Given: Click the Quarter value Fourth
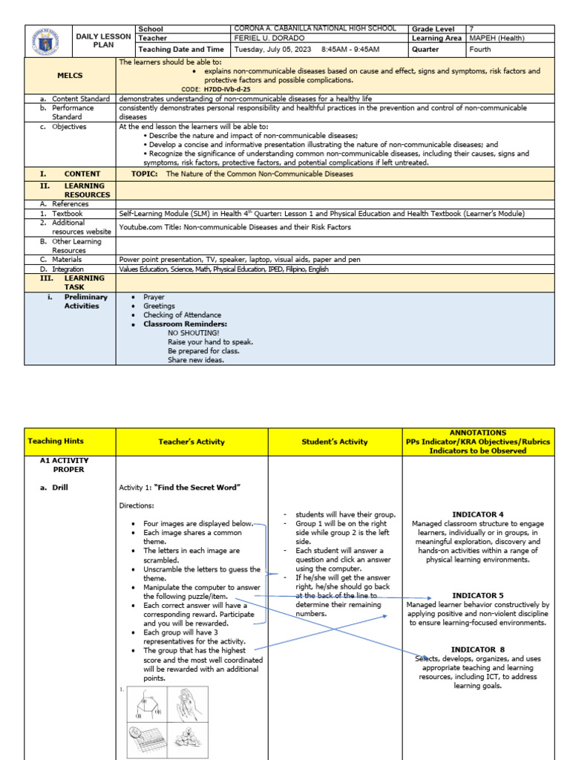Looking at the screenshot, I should tap(481, 50).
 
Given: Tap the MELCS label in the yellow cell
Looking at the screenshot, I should tap(71, 76).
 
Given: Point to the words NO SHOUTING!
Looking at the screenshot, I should tap(193, 333).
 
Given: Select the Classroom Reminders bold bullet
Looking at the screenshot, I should tap(185, 324).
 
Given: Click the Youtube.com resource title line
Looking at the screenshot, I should tap(235, 227).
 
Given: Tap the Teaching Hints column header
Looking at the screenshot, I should tap(71, 442).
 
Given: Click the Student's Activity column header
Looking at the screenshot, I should tap(334, 442).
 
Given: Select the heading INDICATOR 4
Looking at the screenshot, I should tap(479, 514).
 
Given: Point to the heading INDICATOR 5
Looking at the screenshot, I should tap(479, 595).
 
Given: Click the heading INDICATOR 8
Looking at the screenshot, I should tap(479, 649).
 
